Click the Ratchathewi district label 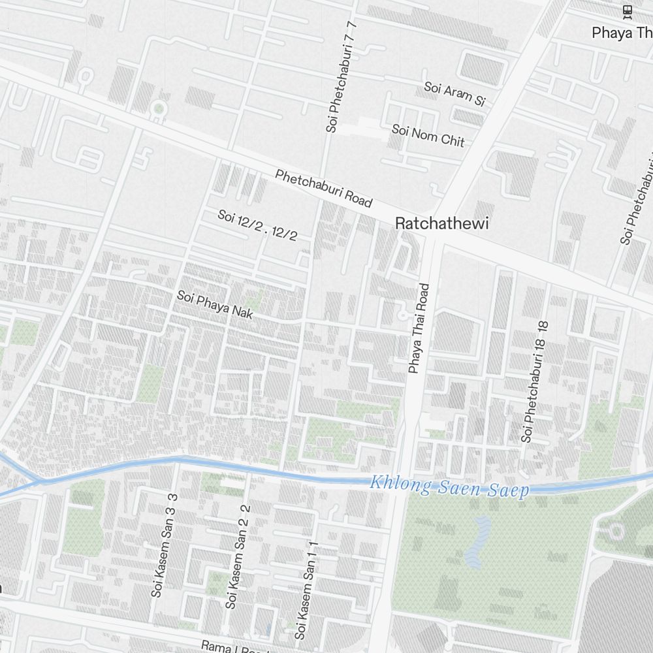click(x=441, y=223)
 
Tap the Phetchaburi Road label click(x=323, y=188)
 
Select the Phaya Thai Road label click(x=420, y=328)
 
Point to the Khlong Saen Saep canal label click(x=449, y=487)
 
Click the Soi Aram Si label click(x=455, y=93)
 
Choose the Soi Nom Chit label click(x=428, y=135)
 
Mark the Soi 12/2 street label click(x=257, y=225)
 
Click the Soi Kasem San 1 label click(x=306, y=590)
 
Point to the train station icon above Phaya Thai click(x=627, y=10)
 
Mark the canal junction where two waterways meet click(x=40, y=482)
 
